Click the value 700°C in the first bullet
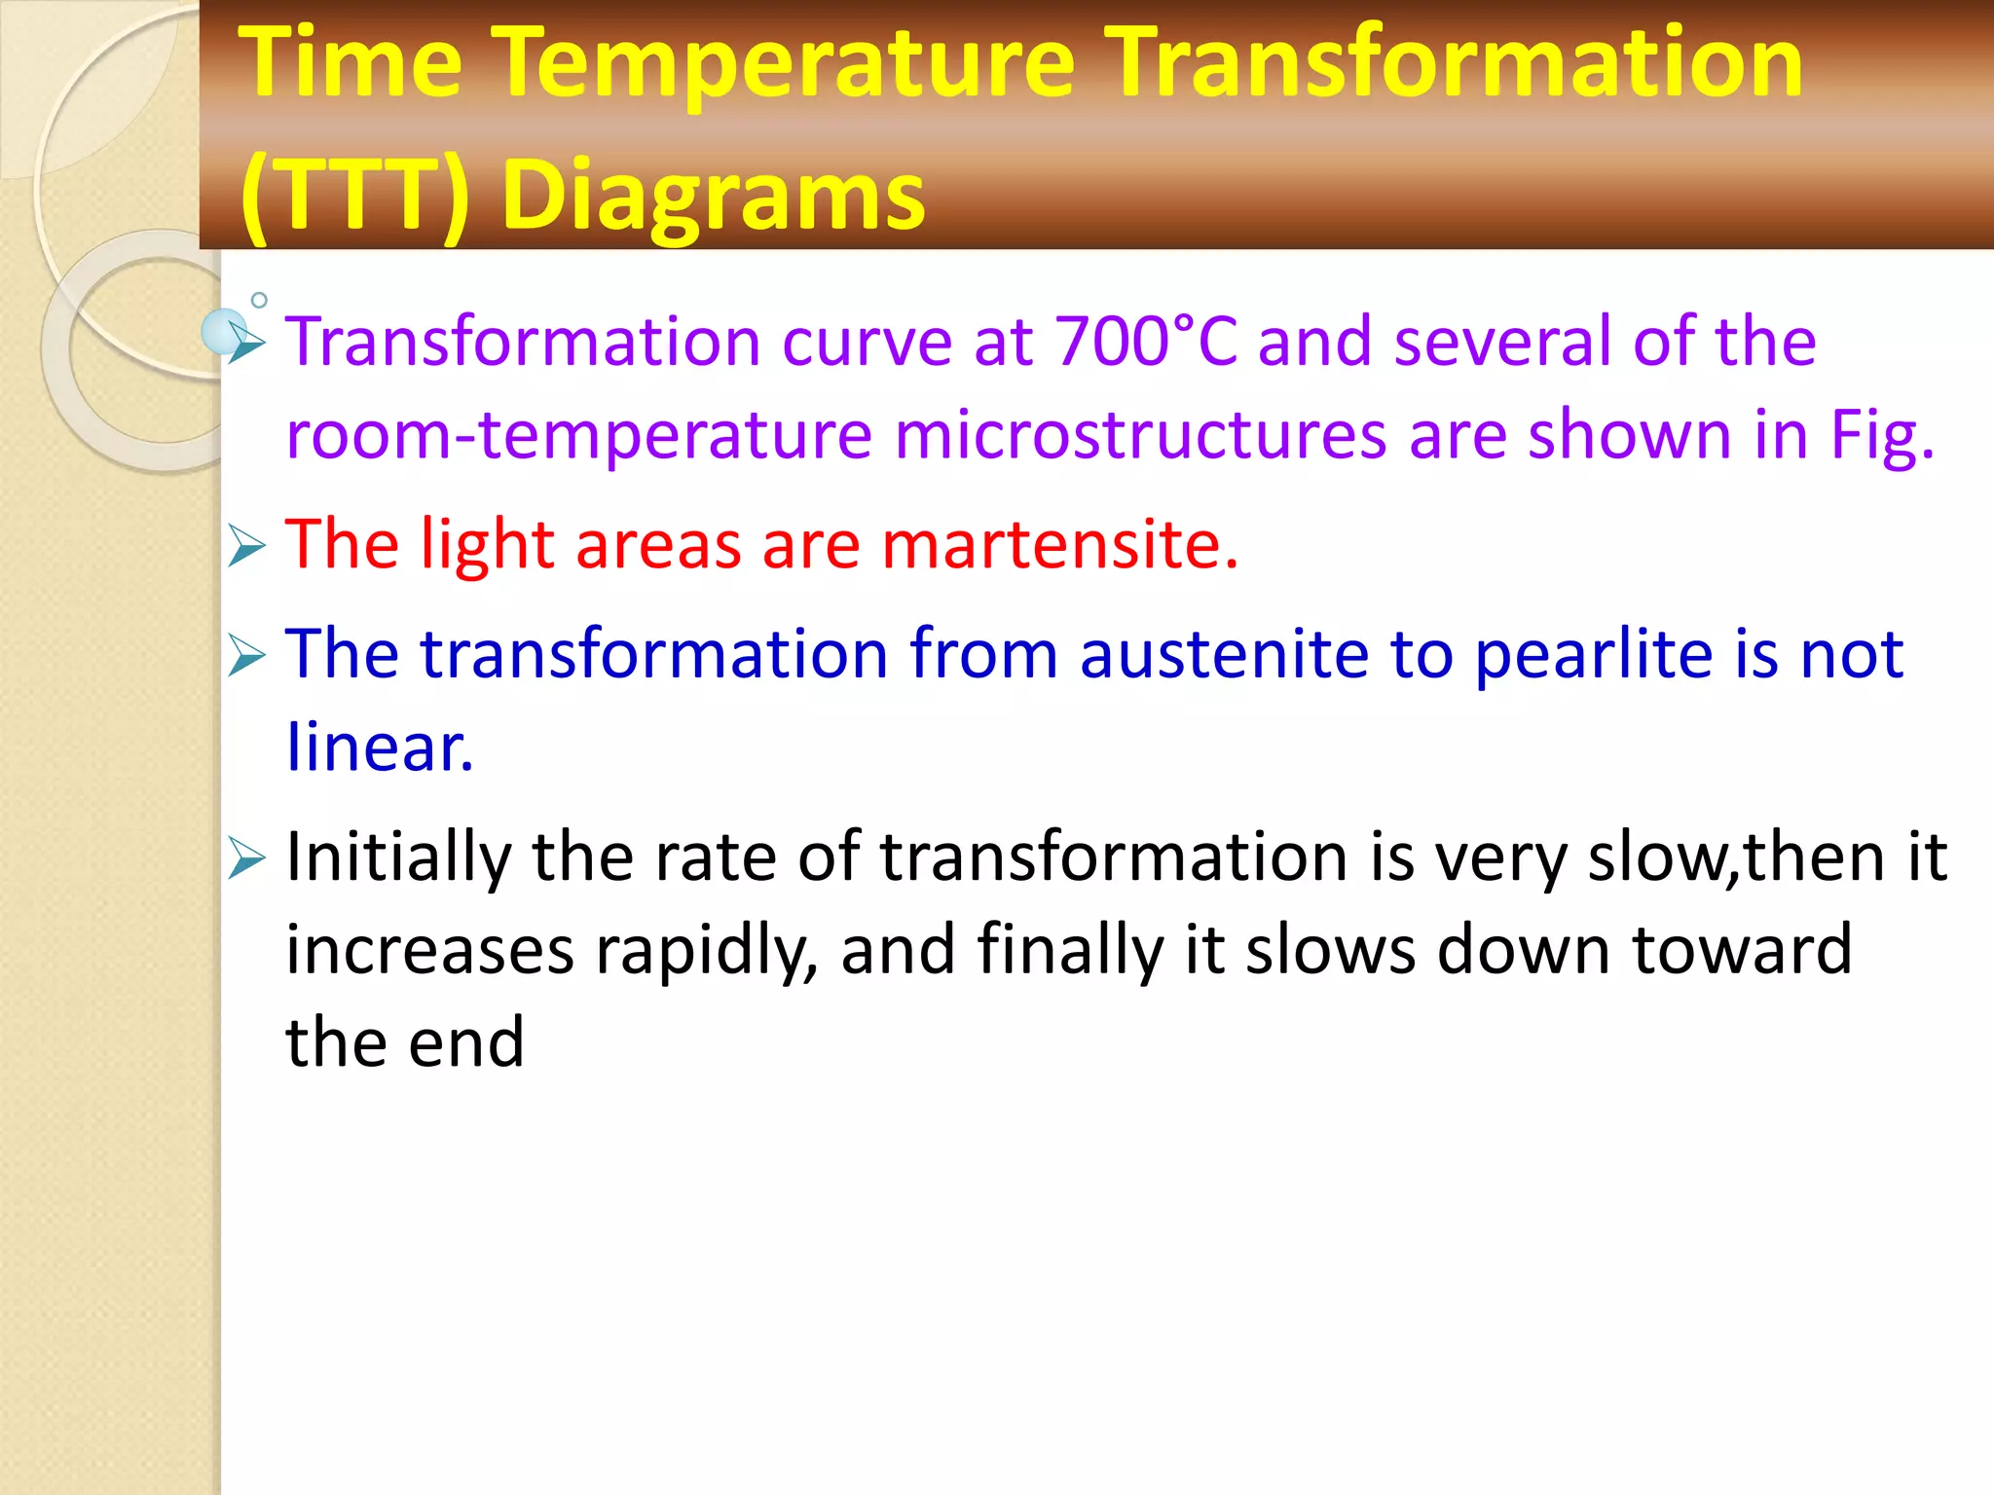coord(1146,342)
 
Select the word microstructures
coord(1140,434)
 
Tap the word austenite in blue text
coord(1223,653)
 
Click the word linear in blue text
coord(379,747)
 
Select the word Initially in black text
coord(398,857)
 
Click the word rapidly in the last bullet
coord(707,950)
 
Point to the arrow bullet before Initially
coord(246,859)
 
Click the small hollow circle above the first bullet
coord(259,300)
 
